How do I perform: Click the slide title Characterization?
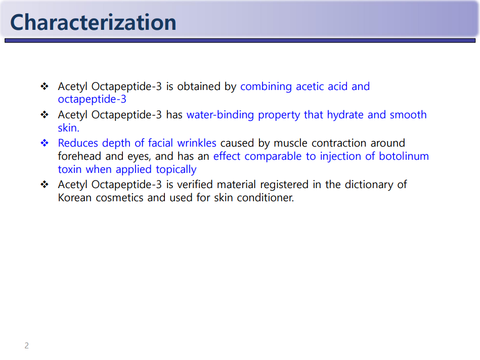(x=94, y=22)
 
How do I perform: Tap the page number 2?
(x=27, y=346)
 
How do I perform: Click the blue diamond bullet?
(x=45, y=143)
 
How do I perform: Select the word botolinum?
(x=404, y=156)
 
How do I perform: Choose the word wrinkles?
(x=197, y=143)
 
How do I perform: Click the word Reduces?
(x=78, y=143)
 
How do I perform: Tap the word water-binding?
(x=220, y=115)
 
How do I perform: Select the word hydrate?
(x=345, y=115)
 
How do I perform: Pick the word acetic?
(x=310, y=86)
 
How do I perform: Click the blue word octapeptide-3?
(x=92, y=99)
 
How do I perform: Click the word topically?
(x=176, y=169)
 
